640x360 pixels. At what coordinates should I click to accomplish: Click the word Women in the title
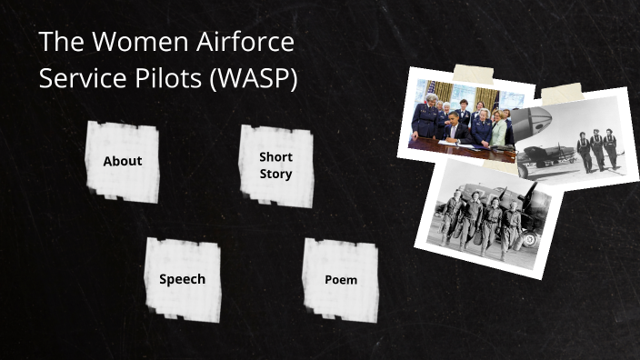[131, 44]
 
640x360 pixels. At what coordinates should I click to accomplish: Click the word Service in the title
[78, 79]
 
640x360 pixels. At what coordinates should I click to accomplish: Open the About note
[123, 162]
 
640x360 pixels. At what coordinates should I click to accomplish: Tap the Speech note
[182, 279]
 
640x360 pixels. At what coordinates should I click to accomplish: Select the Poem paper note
[341, 280]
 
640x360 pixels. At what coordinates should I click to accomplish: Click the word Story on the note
[275, 174]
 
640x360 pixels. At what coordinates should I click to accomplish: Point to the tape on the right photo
[561, 92]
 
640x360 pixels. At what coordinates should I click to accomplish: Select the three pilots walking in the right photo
[596, 148]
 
